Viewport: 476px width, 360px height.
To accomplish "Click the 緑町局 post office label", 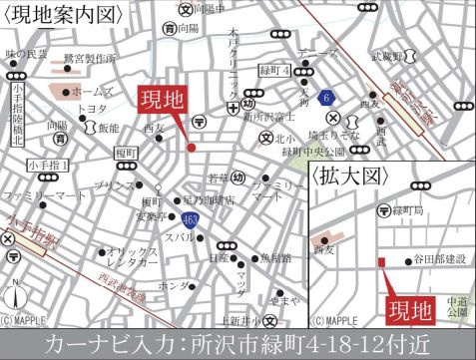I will pos(411,211).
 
